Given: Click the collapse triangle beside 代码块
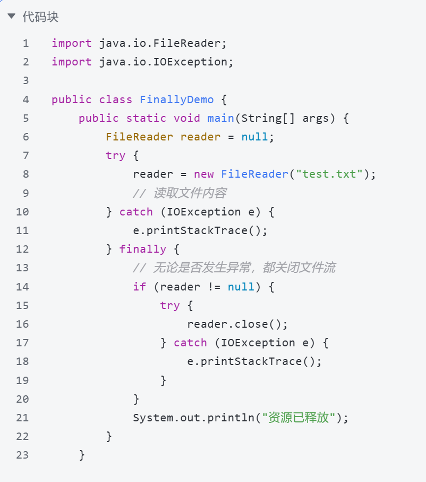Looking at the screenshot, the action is coord(11,16).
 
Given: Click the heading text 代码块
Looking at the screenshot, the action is coord(40,17).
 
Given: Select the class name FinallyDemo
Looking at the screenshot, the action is coord(176,99).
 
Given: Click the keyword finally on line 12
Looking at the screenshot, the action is coord(142,249).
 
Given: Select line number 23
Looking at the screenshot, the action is coord(22,455).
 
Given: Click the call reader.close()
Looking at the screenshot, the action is coord(237,324).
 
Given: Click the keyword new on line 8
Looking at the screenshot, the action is coord(203,174).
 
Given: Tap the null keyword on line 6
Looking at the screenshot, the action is coord(254,137).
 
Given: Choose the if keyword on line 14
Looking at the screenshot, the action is coord(139,287).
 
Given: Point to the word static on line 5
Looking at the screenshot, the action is coord(146,118).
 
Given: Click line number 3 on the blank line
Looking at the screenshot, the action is coord(25,80).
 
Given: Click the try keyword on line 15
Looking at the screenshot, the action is coord(169,305).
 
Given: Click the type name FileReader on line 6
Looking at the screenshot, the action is coord(139,137).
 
